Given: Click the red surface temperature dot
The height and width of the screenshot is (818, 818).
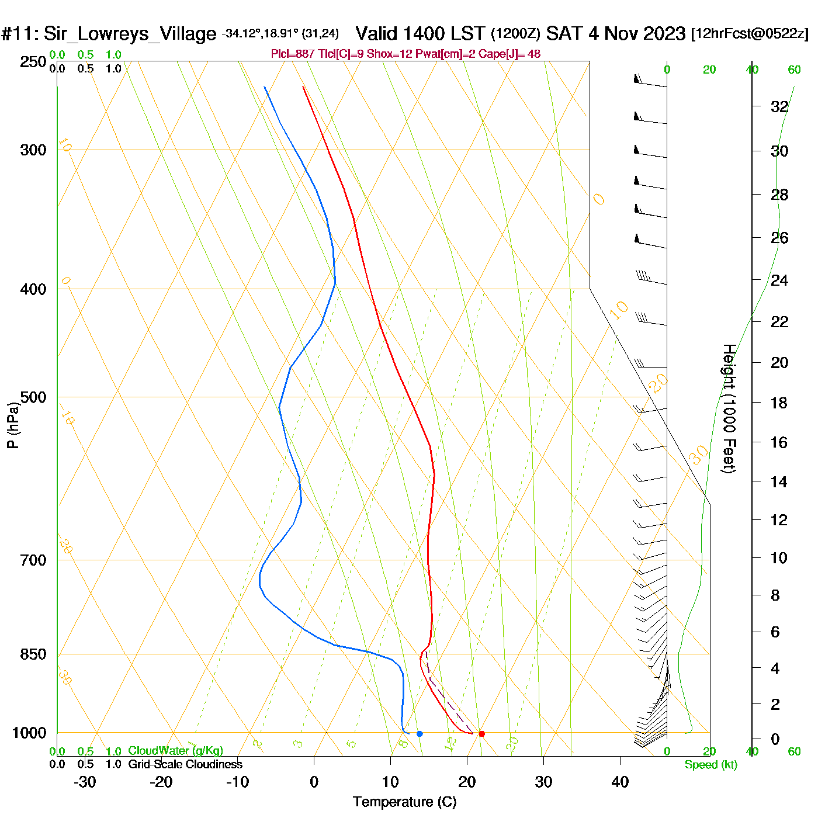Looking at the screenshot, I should click(481, 734).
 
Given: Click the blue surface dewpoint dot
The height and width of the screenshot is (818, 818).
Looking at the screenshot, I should click(420, 734).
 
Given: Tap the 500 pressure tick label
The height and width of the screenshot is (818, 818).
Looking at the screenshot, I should click(33, 397).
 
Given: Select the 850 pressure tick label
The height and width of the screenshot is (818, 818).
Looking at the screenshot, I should click(33, 654).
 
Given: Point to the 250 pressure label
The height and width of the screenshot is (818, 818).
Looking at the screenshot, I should click(33, 62).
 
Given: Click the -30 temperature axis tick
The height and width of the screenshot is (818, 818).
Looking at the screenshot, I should click(85, 782).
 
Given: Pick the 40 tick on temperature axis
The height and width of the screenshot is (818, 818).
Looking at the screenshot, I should click(620, 782).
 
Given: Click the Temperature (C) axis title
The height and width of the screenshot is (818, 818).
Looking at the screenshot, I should click(404, 802).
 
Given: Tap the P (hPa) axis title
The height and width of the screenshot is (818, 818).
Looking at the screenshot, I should click(12, 425).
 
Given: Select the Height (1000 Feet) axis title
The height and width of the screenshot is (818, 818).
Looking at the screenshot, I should click(729, 408).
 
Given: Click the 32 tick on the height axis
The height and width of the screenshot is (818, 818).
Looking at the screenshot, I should click(779, 107).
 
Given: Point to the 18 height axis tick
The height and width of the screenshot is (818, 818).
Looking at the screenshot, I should click(779, 403).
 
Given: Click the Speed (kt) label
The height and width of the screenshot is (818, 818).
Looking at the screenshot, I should click(711, 765).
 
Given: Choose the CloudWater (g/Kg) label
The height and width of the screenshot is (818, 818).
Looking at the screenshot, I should click(175, 751).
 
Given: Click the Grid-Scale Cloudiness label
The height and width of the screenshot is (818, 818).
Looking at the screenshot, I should click(185, 764).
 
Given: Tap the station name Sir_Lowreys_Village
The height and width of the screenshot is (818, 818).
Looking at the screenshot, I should click(130, 34).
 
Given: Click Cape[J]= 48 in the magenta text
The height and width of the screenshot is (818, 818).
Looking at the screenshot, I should click(509, 54).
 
